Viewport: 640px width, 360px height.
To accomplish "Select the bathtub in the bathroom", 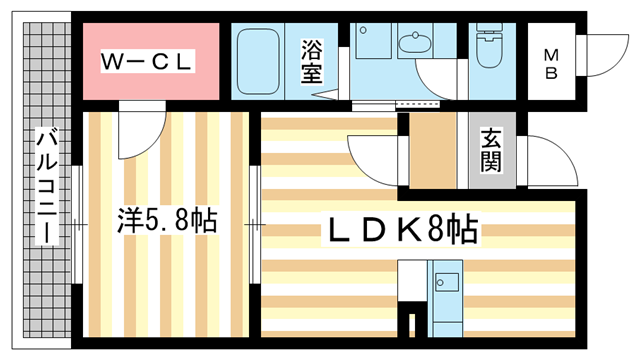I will tap(261, 60).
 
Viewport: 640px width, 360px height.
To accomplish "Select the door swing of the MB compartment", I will tap(603, 55).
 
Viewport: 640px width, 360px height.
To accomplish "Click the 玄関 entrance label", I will tap(491, 150).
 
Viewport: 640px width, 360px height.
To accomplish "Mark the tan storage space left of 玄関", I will tap(433, 150).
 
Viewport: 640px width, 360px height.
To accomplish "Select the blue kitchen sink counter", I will tap(446, 295).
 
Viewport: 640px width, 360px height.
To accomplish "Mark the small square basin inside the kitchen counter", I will tap(447, 282).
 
